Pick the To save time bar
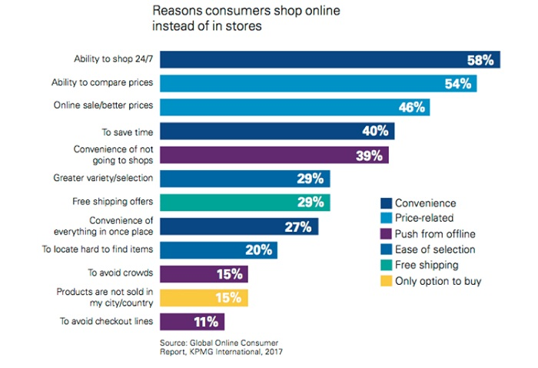point(277,131)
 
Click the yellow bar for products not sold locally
point(204,298)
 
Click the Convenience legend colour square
point(387,203)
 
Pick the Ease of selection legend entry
point(435,249)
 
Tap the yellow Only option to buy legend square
point(387,280)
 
